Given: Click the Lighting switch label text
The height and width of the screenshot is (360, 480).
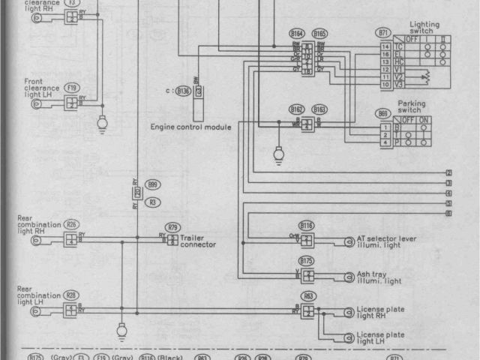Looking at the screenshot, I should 424,28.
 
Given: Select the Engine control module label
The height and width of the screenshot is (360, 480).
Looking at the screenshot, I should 190,127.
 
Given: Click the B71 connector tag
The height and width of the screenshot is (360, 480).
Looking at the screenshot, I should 384,34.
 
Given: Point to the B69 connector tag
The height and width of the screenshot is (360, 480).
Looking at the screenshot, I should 384,113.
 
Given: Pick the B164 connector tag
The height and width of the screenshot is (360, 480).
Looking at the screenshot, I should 298,34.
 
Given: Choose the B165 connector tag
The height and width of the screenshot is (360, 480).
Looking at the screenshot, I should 319,34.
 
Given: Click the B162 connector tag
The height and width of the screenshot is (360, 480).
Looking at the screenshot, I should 298,109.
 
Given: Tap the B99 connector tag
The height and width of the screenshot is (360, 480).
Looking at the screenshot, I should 153,184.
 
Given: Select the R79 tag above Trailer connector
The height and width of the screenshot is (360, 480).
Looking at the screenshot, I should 173,226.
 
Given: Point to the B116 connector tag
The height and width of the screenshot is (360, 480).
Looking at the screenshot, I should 306,225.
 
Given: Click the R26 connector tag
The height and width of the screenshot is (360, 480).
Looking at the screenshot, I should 72,223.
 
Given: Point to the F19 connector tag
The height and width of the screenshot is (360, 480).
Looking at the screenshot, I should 72,88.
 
